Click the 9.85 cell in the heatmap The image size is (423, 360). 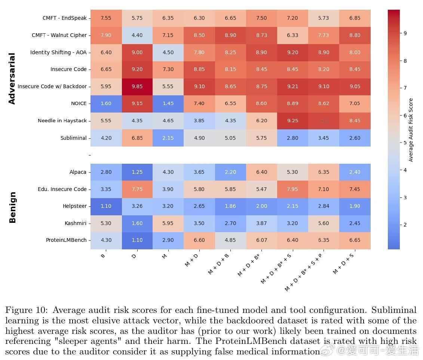coord(137,86)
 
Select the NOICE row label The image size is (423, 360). coord(79,104)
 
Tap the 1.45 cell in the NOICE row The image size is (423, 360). coord(168,104)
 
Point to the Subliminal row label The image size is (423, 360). coord(73,138)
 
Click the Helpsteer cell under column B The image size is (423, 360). coord(106,206)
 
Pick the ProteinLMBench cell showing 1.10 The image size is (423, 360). coord(137,240)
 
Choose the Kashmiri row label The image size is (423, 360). coord(76,224)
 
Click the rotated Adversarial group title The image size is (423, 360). coord(12,79)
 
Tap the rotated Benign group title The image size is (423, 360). coord(12,207)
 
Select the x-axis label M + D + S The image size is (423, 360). coord(344,263)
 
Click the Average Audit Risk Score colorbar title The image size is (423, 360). coord(411,130)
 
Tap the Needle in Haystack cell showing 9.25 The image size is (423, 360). coord(292,121)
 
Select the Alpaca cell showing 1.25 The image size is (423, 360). coord(137,172)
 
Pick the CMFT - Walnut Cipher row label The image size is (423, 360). coord(59,35)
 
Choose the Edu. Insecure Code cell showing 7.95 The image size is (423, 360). coord(292,189)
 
